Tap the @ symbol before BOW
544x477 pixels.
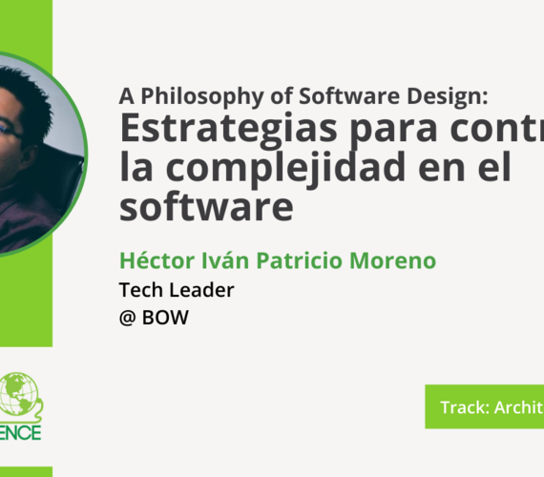tap(128, 319)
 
